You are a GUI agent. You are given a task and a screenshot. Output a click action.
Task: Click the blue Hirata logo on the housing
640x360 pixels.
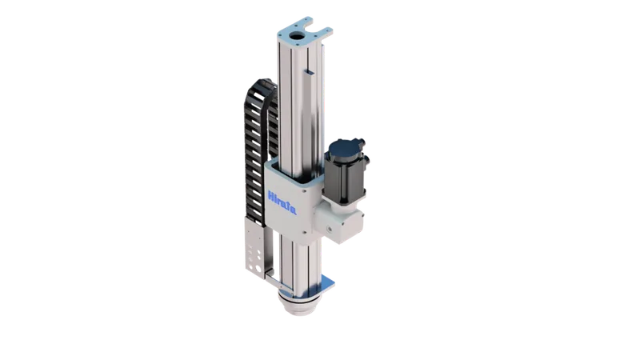tap(282, 203)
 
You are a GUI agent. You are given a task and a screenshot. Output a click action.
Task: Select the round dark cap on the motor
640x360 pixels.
tap(342, 149)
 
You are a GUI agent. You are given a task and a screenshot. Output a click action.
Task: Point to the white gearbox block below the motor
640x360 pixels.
tap(338, 222)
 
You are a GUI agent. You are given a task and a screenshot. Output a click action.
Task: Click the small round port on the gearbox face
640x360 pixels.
tap(329, 228)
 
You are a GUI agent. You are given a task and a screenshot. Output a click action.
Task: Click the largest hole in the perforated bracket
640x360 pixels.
tap(258, 269)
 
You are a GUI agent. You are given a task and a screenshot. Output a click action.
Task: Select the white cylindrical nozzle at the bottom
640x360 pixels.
tap(299, 304)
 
